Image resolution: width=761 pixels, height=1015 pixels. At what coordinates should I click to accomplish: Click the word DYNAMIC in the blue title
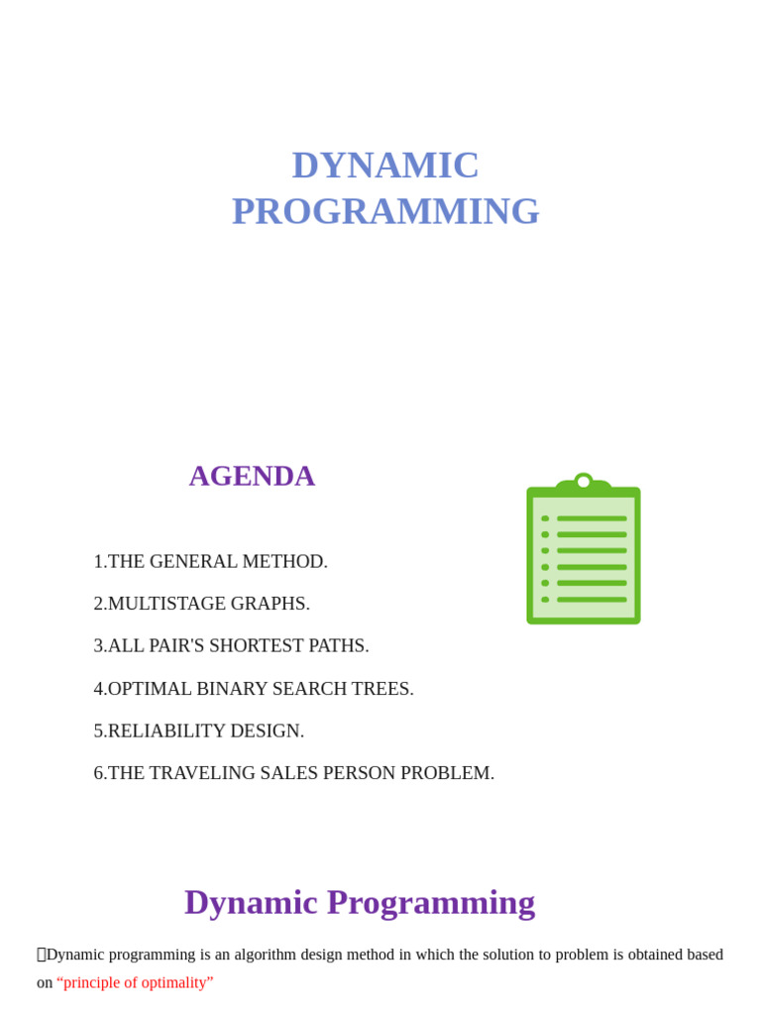[385, 165]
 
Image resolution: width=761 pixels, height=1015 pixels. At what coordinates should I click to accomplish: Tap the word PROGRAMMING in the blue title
[385, 211]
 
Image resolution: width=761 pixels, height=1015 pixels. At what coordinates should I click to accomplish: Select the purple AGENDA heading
[252, 476]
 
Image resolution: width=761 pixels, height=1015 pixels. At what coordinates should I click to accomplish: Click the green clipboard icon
[583, 555]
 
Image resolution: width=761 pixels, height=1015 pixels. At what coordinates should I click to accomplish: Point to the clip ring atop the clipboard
[584, 482]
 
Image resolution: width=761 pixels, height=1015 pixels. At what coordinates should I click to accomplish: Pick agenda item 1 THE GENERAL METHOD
[211, 561]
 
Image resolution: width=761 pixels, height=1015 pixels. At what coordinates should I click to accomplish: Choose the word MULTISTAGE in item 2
[162, 604]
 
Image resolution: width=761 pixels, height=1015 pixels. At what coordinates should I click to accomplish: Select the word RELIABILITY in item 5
[165, 731]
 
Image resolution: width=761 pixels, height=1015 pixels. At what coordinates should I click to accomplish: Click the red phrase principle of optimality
[135, 982]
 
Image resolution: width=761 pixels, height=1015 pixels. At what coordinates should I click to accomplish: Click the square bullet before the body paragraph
[42, 955]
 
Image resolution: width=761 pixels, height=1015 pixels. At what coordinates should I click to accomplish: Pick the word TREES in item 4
[383, 688]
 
